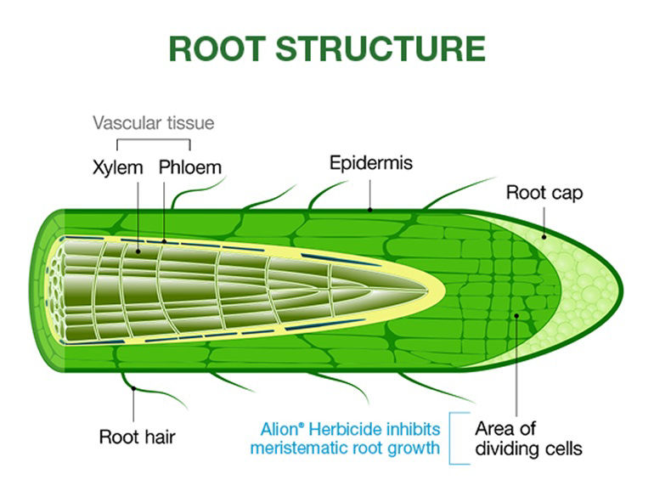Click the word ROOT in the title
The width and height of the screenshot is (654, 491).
click(x=217, y=48)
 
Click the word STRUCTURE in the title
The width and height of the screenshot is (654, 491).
click(x=381, y=48)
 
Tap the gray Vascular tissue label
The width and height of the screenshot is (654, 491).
click(x=154, y=123)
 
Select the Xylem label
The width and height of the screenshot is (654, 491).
click(x=117, y=167)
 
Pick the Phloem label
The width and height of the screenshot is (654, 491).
click(x=189, y=167)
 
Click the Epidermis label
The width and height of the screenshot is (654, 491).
click(x=371, y=163)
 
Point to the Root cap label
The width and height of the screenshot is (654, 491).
click(x=544, y=193)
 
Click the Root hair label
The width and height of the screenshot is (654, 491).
click(x=138, y=437)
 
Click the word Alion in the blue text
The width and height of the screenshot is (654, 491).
click(x=280, y=429)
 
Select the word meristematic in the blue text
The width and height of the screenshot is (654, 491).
click(x=299, y=448)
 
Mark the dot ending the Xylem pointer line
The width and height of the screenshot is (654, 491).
click(x=138, y=251)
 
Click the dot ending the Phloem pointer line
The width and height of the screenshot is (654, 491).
click(x=164, y=241)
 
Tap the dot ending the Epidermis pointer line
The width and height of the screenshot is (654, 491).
click(x=370, y=210)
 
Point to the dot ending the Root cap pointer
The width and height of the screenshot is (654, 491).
click(x=544, y=237)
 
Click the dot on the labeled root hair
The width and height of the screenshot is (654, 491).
click(x=133, y=388)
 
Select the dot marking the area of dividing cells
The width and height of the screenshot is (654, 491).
click(x=516, y=316)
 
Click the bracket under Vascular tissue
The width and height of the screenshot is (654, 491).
click(x=154, y=140)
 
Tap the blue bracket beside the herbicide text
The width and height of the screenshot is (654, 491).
click(x=450, y=438)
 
